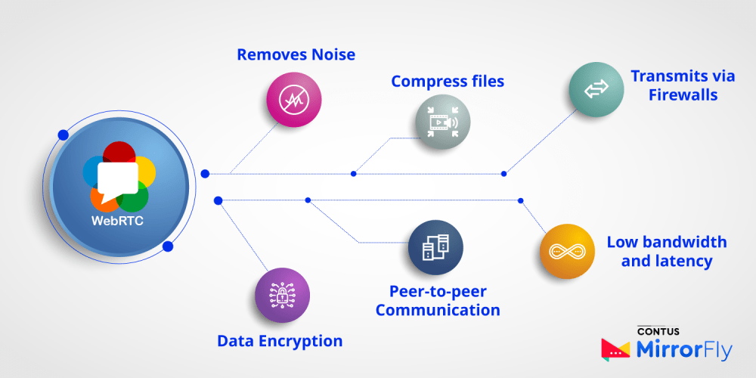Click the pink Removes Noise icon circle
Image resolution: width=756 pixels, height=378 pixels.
coord(294,100)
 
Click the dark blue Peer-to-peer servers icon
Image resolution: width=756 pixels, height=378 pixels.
coord(435,247)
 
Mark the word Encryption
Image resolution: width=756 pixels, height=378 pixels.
coord(301,341)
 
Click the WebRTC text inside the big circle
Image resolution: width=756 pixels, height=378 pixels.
coord(117,222)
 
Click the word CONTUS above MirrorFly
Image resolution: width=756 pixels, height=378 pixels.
coord(657,331)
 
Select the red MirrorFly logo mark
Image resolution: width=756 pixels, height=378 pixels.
coord(615,349)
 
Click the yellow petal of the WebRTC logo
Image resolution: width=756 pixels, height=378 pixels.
coord(145,172)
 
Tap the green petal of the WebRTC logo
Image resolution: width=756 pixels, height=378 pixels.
coord(135,200)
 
